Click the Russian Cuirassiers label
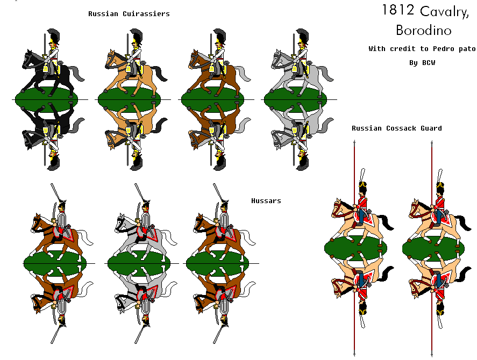coord(129,14)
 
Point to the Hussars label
coord(266,201)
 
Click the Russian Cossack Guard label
coord(397,128)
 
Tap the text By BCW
coord(421,63)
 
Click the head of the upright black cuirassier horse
coord(27,59)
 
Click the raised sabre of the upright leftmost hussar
coord(54,193)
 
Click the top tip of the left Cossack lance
coord(355,141)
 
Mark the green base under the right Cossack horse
coord(433,247)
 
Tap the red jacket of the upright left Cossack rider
coord(362,204)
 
